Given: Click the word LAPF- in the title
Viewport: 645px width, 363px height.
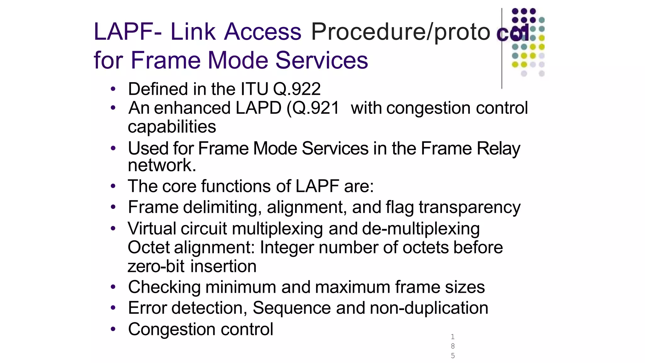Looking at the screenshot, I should click(x=128, y=32).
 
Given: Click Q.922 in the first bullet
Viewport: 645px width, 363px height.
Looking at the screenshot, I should click(x=297, y=89).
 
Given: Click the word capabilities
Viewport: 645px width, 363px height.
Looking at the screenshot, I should click(x=172, y=127).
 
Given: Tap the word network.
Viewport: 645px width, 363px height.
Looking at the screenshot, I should click(x=162, y=165).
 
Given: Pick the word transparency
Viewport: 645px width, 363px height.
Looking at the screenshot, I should click(x=469, y=207).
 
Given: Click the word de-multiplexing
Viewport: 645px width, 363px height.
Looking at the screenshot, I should click(x=421, y=228).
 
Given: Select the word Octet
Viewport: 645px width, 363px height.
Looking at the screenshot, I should click(x=149, y=247).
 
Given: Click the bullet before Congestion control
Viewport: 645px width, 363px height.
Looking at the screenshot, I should click(x=113, y=329).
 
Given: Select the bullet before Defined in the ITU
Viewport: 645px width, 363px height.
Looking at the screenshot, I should click(x=113, y=89).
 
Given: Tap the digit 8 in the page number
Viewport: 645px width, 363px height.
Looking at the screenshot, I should click(x=453, y=346).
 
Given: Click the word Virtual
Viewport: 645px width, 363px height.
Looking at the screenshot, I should click(x=152, y=228).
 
